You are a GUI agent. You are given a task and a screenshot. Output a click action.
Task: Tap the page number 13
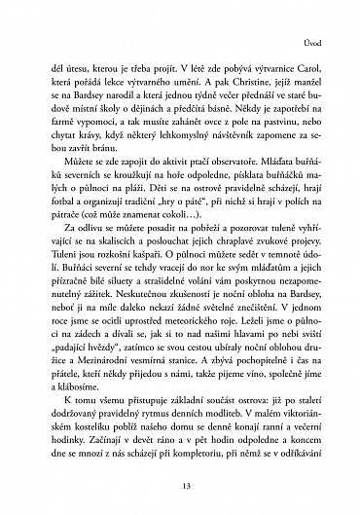click(180, 490)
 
